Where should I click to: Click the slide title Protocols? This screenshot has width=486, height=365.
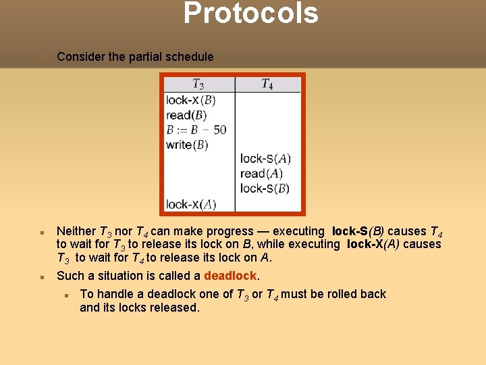(x=250, y=14)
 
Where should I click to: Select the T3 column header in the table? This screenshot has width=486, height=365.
(x=198, y=84)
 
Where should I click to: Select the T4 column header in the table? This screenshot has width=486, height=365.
(x=267, y=84)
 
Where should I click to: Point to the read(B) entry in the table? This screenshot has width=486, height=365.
(x=186, y=115)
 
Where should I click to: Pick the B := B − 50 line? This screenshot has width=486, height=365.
(x=196, y=129)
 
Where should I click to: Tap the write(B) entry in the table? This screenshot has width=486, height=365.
(x=187, y=144)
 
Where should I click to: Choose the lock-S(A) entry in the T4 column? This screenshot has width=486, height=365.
(x=265, y=159)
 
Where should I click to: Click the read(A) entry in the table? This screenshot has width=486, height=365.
(x=261, y=174)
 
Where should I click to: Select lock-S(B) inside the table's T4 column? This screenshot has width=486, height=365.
(x=265, y=189)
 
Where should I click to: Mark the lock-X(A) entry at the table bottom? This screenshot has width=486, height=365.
(x=191, y=204)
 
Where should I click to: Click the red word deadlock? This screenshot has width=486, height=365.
(x=230, y=276)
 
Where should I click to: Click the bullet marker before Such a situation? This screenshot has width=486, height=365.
(x=42, y=276)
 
